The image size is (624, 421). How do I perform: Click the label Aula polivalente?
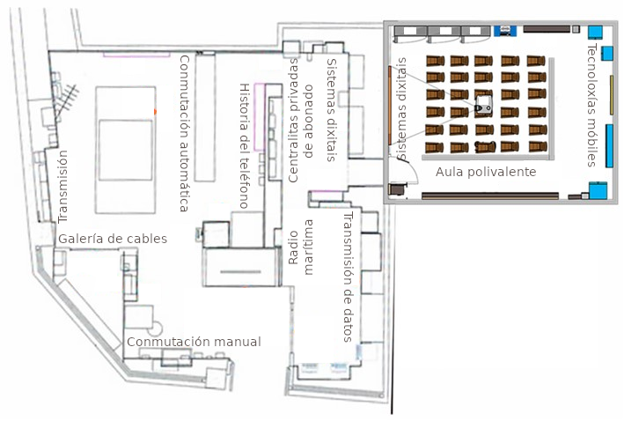point(485,172)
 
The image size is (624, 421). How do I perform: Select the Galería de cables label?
point(113,239)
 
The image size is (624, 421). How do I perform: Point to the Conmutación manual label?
point(194,342)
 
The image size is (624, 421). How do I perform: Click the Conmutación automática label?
point(184,133)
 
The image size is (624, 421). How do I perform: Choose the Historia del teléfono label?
point(245,146)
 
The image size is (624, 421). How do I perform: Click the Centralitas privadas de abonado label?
point(300,122)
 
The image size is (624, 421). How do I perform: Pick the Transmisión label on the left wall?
point(62,186)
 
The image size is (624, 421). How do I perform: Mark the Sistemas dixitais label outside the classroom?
point(331,110)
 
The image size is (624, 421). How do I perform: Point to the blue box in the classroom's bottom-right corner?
point(598,191)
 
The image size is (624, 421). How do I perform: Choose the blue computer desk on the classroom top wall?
point(504,30)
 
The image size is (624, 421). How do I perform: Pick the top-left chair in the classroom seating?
point(433,61)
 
